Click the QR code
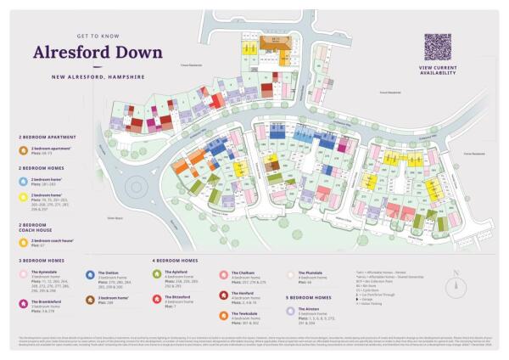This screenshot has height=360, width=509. tap(439, 47)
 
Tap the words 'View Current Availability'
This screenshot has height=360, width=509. tap(439, 70)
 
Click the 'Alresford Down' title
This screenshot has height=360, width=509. tap(98, 52)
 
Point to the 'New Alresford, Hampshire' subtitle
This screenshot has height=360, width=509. tap(98, 76)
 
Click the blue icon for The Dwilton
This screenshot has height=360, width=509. tap(90, 274)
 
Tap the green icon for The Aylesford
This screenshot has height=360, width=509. tap(156, 274)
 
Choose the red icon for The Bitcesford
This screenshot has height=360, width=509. tap(156, 298)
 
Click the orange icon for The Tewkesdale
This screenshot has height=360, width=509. tap(222, 315)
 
